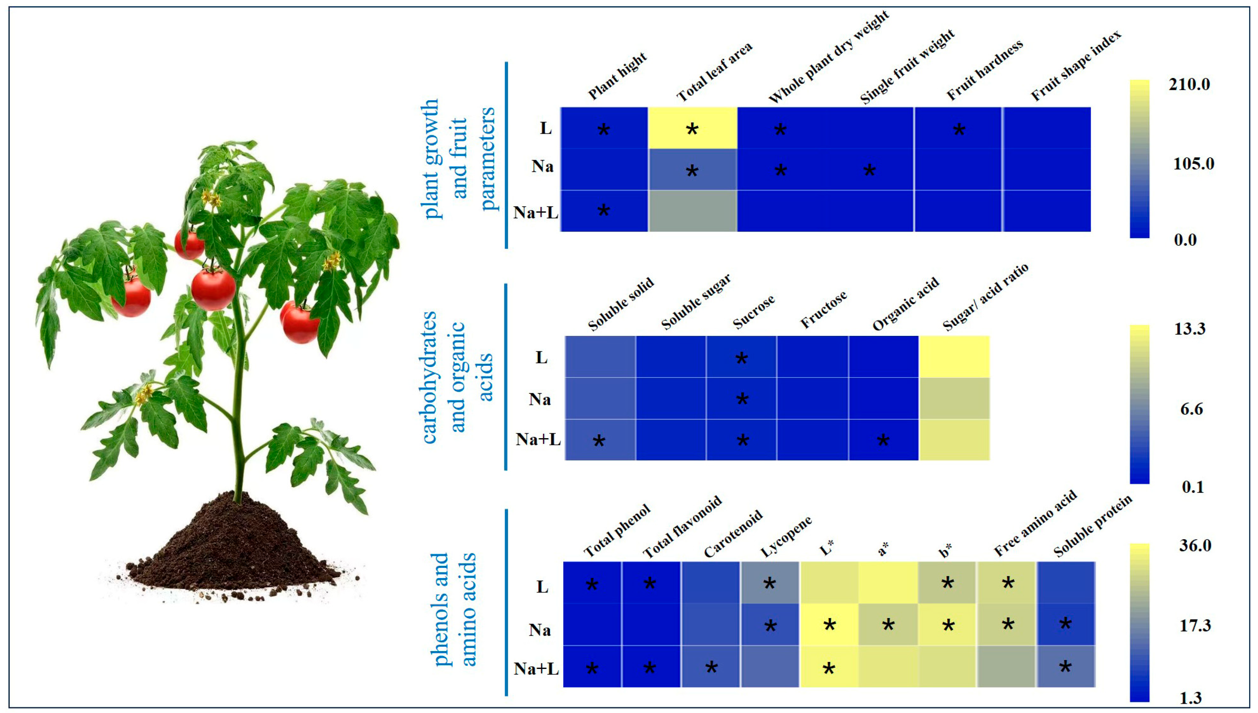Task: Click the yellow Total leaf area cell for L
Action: [x=692, y=128]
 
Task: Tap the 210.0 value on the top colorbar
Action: [x=1189, y=85]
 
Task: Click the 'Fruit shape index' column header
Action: [x=1075, y=66]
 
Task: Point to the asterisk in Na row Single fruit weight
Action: [x=869, y=171]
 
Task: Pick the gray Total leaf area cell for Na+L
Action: [x=692, y=211]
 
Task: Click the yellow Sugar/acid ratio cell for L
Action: [x=954, y=356]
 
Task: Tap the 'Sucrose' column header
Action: [x=754, y=312]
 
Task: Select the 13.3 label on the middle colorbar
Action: [x=1189, y=329]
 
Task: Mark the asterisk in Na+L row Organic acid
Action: [x=883, y=440]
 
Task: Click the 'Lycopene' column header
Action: [x=786, y=537]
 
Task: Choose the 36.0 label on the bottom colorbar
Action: [x=1195, y=546]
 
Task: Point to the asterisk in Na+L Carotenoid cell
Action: [x=711, y=667]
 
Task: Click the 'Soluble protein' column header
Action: [x=1093, y=526]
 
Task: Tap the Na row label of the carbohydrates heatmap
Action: [x=539, y=400]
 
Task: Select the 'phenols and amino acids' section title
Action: [x=453, y=609]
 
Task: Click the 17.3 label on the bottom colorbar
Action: [x=1195, y=625]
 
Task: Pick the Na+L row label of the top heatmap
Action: [x=535, y=213]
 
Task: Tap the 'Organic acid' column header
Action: [x=906, y=304]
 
